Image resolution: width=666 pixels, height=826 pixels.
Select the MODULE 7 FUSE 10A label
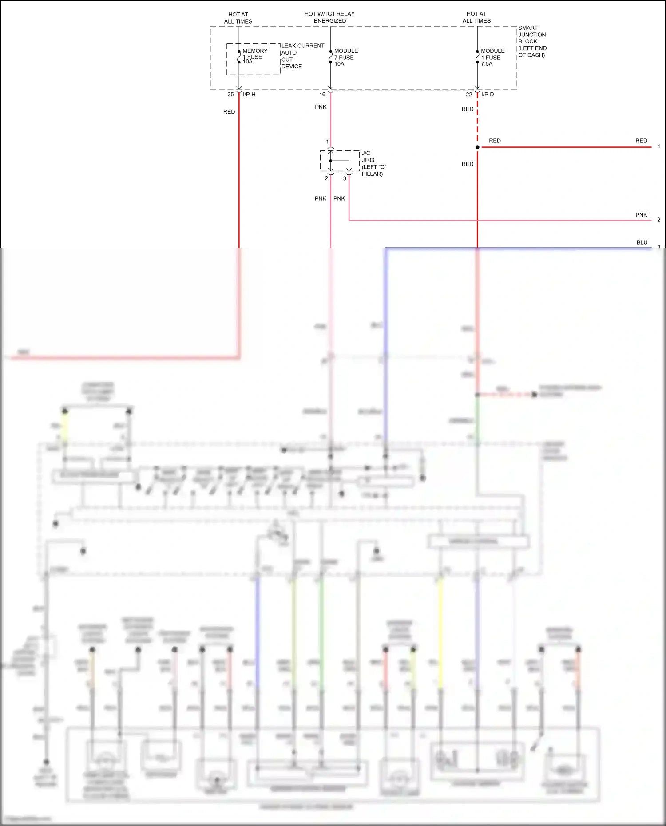pos(345,57)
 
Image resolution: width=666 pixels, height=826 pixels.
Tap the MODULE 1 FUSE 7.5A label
pos(492,57)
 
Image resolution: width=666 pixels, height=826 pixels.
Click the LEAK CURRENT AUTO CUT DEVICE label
pos(302,56)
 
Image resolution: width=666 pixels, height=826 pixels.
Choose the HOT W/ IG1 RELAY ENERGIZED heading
pos(329,17)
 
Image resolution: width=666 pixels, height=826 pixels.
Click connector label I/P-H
pos(249,95)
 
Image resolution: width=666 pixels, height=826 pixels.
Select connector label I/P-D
pos(487,95)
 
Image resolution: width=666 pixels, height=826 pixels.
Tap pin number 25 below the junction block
pos(230,95)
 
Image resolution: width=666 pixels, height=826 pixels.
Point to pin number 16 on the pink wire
pos(322,95)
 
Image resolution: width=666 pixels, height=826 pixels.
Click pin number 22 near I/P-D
pos(469,95)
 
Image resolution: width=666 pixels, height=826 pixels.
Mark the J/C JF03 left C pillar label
pos(373,163)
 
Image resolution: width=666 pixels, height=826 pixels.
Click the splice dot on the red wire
pos(477,147)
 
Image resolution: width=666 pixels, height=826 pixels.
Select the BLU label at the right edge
pos(642,242)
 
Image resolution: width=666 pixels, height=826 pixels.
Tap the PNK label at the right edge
pos(641,215)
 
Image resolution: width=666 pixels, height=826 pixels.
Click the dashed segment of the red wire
pos(477,120)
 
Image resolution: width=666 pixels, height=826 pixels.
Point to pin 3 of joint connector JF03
pos(345,178)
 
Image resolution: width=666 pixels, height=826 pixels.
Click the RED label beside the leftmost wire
pos(229,112)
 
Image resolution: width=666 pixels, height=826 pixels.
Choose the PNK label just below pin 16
pos(321,107)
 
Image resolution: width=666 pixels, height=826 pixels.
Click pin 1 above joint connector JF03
pos(327,142)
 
